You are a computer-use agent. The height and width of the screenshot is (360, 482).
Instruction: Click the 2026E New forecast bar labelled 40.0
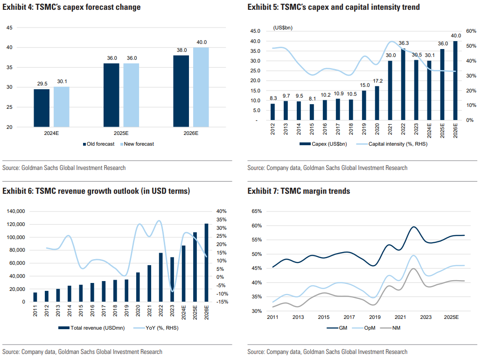click(201, 87)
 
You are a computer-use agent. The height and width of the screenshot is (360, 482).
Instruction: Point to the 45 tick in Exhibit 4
click(10, 28)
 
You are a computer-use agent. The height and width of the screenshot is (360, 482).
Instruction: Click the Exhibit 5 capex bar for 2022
click(403, 84)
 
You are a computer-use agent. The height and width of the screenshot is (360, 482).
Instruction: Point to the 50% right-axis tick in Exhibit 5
click(468, 46)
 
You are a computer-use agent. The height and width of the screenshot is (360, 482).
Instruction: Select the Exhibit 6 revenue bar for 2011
click(35, 297)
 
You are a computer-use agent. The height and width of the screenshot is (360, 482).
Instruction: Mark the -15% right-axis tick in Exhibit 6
click(222, 302)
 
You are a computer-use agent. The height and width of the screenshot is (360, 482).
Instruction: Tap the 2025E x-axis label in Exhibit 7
click(451, 318)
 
